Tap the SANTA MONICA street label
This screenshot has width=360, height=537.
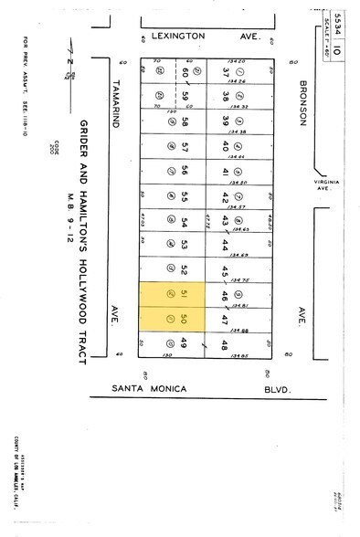(x=149, y=389)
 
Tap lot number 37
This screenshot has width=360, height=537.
(x=225, y=72)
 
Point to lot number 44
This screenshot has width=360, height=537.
(x=225, y=246)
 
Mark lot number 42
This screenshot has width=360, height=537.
(x=225, y=196)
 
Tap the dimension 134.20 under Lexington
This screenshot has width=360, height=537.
(x=237, y=62)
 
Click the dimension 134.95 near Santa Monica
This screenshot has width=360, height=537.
(x=240, y=354)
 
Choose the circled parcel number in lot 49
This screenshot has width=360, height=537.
(x=169, y=344)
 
